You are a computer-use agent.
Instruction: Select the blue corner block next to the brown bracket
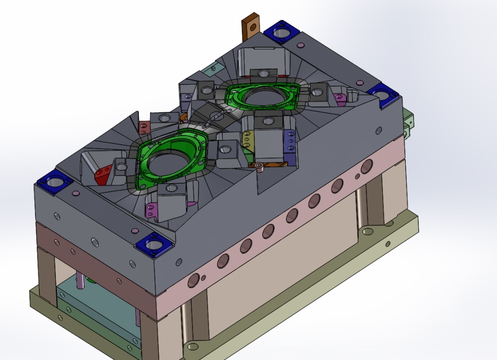click(x=282, y=33)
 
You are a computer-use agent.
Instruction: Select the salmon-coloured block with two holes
click(x=144, y=127)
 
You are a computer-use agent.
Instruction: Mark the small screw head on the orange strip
click(x=260, y=167)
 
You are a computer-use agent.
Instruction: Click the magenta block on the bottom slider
click(x=152, y=210)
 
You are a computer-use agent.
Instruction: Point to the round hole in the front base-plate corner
click(x=193, y=346)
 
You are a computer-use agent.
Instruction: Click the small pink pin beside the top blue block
click(x=300, y=46)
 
